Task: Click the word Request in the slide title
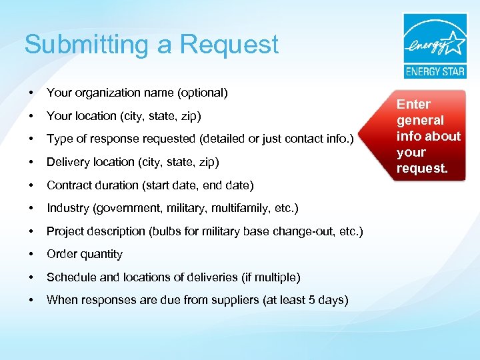click(x=229, y=45)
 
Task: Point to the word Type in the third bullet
click(x=59, y=139)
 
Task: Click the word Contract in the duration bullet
click(x=69, y=185)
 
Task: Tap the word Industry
click(x=68, y=208)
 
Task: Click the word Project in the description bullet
click(x=65, y=231)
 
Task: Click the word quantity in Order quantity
click(x=101, y=254)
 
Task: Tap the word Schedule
click(x=71, y=277)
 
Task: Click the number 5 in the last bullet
click(x=311, y=300)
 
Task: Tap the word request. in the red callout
click(x=422, y=168)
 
